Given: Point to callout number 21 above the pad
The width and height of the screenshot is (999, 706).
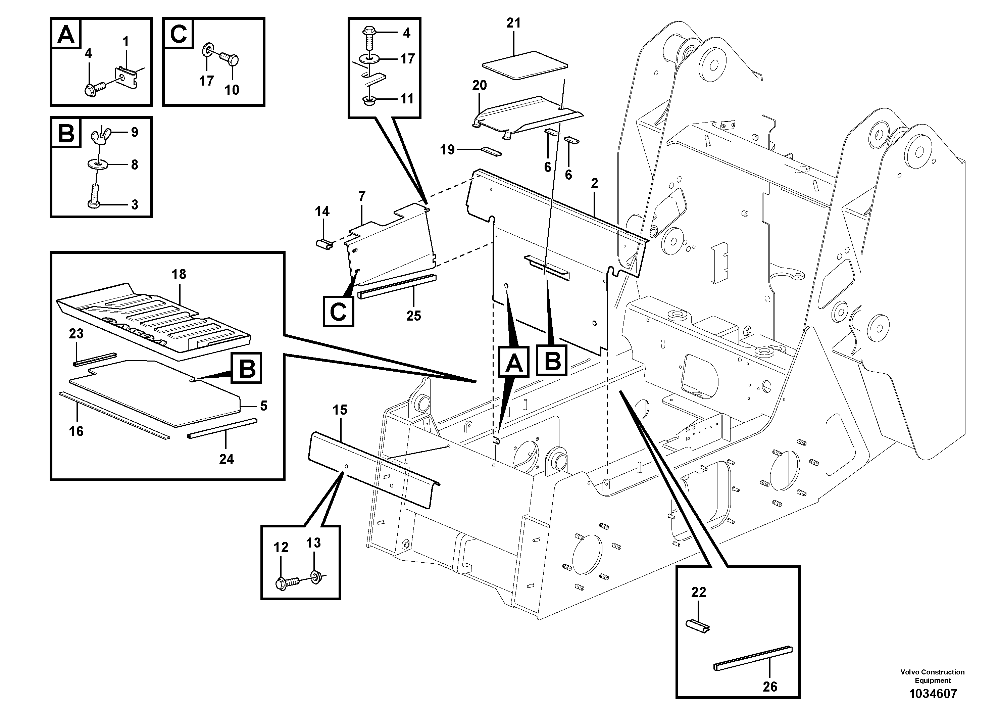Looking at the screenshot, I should pos(513,23).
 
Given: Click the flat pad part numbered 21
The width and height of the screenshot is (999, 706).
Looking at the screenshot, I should pos(525,65).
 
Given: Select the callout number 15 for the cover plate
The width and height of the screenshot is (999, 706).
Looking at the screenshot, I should pos(340,410).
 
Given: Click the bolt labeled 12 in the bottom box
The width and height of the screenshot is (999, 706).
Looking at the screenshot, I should pos(287,583).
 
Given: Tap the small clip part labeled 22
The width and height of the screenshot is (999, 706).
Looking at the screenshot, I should pos(697,627).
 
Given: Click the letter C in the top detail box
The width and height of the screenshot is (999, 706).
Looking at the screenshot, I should pos(179,34).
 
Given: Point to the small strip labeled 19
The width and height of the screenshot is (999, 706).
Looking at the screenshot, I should pos(491,151).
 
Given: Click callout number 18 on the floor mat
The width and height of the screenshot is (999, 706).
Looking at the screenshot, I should pos(179,274).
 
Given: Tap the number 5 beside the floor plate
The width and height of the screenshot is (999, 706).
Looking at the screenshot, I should pos(264,406).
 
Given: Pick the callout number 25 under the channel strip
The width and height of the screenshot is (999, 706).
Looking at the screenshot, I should pos(413,316).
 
